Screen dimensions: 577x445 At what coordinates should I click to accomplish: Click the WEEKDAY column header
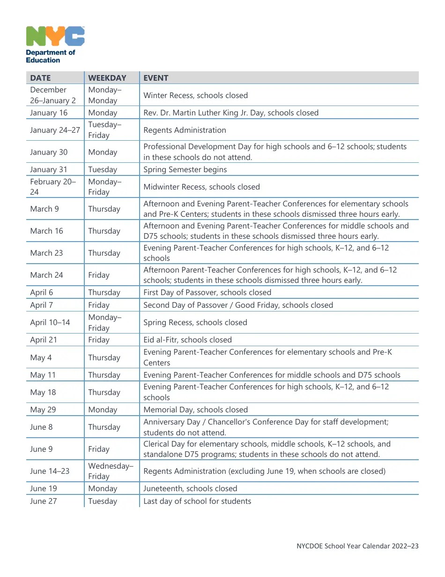107,78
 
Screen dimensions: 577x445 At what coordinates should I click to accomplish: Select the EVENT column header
156,78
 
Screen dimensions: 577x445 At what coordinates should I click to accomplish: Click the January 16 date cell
49,113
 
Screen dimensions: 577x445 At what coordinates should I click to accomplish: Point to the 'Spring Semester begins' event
185,169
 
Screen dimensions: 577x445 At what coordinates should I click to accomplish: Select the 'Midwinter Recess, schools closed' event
201,187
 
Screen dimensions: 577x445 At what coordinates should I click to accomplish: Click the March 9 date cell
44,209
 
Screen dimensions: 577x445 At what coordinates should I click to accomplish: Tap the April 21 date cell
43,340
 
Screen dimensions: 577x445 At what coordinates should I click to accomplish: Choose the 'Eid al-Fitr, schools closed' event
187,340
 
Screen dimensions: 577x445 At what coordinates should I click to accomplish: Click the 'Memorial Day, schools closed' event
195,410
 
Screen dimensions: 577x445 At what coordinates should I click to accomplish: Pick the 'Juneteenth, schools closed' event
190,488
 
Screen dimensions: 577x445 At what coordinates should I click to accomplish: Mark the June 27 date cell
44,501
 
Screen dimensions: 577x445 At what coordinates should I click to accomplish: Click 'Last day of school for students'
197,501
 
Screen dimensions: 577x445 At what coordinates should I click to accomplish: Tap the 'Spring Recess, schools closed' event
195,322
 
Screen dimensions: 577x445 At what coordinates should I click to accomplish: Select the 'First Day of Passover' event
207,292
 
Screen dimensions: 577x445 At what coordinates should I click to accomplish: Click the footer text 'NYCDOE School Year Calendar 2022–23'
357,546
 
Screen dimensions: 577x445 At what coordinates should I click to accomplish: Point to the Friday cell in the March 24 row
99,275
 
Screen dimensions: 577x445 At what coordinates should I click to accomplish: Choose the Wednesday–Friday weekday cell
111,471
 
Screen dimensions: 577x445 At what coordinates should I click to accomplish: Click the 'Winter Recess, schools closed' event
195,95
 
